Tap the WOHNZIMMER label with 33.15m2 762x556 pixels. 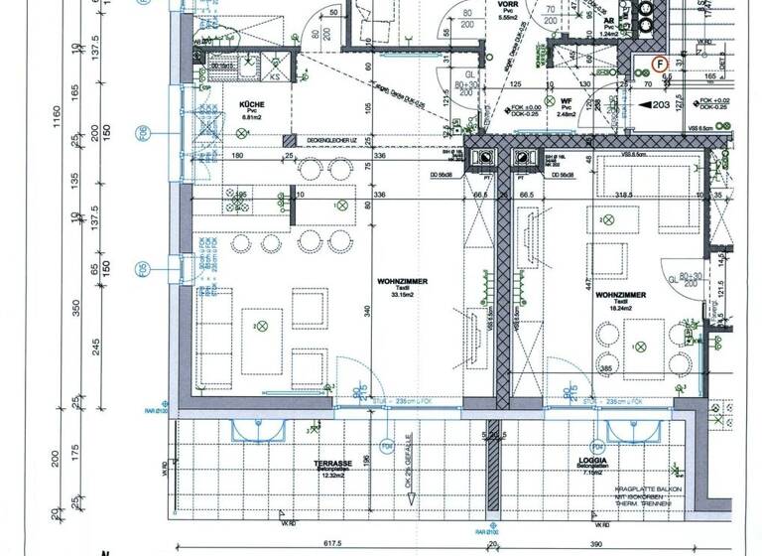point(403,282)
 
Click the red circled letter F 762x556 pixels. point(657,64)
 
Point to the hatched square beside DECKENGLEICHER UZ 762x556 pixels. point(289,140)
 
